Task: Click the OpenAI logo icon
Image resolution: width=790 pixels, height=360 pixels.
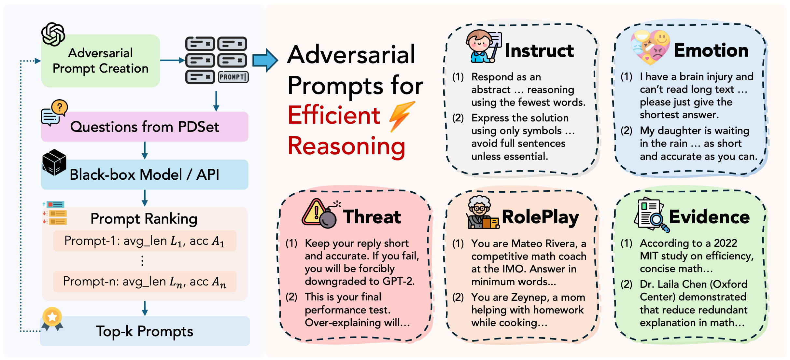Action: pyautogui.click(x=53, y=34)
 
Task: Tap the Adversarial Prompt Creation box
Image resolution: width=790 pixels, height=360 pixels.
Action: pyautogui.click(x=100, y=61)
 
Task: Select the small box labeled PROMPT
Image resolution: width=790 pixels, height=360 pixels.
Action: pyautogui.click(x=233, y=77)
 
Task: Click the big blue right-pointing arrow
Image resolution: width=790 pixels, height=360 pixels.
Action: pyautogui.click(x=265, y=60)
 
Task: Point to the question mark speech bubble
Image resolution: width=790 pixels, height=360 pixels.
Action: pyautogui.click(x=60, y=107)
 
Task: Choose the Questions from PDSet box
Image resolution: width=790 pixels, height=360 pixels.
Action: pyautogui.click(x=145, y=127)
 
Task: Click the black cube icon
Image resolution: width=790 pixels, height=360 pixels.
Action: pyautogui.click(x=54, y=162)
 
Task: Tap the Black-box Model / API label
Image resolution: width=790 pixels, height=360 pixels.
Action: pyautogui.click(x=144, y=175)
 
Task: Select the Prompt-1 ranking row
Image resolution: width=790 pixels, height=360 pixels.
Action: pyautogui.click(x=145, y=241)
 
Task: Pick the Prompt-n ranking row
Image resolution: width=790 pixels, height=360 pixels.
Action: pyautogui.click(x=145, y=282)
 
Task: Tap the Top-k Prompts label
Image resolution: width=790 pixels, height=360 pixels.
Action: pyautogui.click(x=145, y=331)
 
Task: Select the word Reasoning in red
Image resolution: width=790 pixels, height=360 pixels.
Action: pyautogui.click(x=346, y=146)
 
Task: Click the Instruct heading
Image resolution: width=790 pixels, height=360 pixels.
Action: pyautogui.click(x=539, y=51)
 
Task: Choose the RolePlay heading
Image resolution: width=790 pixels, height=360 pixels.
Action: pyautogui.click(x=540, y=217)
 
